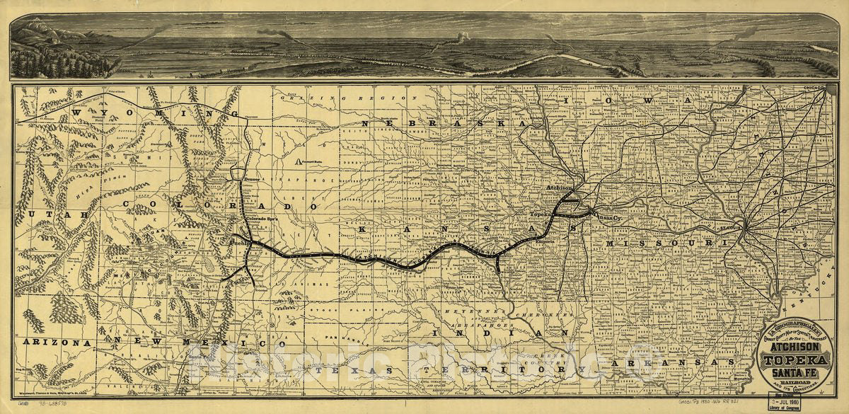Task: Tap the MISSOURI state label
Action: [x=665, y=243]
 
